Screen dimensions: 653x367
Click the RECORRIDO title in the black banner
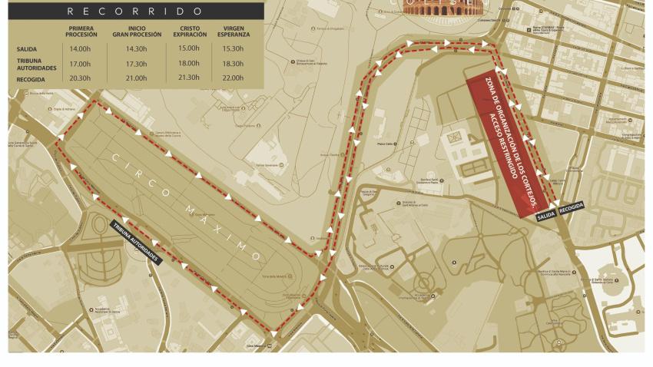coord(135,12)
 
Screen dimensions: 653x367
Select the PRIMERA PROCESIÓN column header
coord(81,32)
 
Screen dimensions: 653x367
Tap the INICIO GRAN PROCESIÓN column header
coord(137,32)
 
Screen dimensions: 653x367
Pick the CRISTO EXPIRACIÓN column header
coord(190,32)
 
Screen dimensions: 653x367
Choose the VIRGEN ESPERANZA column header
coord(239,32)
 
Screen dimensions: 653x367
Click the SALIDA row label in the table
coord(26,49)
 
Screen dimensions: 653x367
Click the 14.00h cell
coord(80,49)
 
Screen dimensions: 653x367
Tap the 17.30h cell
coord(137,64)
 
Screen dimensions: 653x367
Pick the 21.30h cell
coord(189,78)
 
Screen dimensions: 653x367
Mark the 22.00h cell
coord(239,78)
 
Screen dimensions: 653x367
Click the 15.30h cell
coord(239,49)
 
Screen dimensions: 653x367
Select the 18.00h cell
coord(189,64)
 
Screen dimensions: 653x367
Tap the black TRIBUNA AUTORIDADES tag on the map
coord(135,243)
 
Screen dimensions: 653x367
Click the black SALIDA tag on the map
coord(546,215)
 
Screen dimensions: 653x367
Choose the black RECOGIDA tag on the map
coord(571,207)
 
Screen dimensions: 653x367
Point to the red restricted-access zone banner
coord(507,142)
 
